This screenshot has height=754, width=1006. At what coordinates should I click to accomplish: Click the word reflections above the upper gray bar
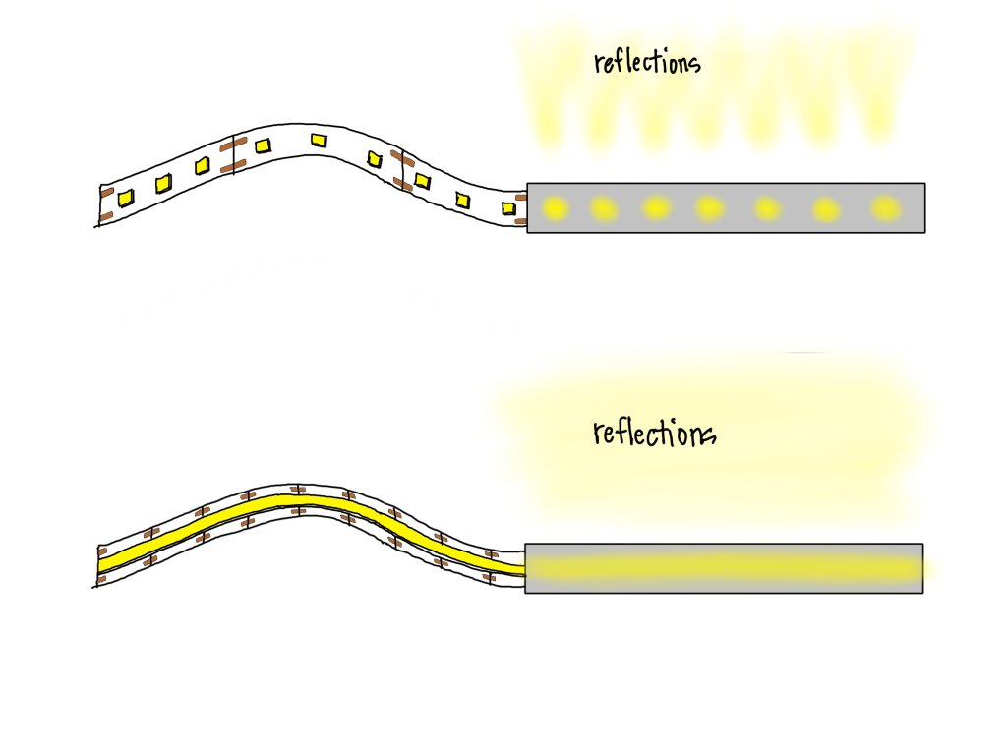pos(647,62)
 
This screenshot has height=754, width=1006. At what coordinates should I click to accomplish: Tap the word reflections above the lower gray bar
pos(654,433)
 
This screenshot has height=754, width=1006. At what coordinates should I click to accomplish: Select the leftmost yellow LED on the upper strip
pos(126,199)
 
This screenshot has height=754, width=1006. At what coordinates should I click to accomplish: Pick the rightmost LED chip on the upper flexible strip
pos(508,207)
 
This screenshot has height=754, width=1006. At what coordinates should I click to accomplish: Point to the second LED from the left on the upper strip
pos(163,183)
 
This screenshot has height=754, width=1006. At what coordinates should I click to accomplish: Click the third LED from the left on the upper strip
pos(202,166)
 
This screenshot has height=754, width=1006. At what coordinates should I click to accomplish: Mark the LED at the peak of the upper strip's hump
pos(318,141)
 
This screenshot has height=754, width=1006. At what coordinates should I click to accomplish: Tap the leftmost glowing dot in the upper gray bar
pos(556,207)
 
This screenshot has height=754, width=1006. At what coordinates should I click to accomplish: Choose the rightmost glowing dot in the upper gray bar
pos(886,207)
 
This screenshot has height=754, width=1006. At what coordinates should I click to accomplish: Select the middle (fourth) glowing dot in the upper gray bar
pos(709,207)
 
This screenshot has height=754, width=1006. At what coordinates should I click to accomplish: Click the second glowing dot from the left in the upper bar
pos(602,207)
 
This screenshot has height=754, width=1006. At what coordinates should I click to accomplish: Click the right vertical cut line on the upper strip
pos(403,172)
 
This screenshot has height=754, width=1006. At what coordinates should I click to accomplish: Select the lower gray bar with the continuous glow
pos(724,568)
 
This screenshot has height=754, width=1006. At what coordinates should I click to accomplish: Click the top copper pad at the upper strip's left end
pos(106,191)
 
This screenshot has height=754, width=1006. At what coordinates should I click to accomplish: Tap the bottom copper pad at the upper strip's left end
pos(107,215)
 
